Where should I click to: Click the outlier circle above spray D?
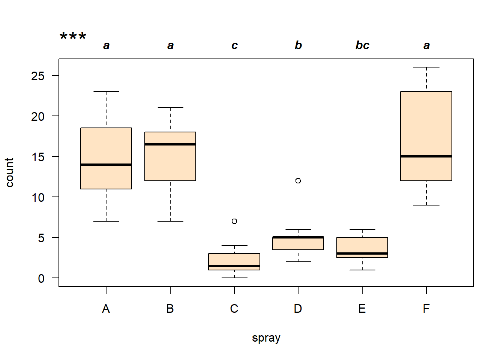[x=298, y=181]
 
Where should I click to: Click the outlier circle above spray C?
[x=234, y=221]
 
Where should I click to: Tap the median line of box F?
[x=426, y=156]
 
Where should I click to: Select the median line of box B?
[x=170, y=144]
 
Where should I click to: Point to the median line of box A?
[x=106, y=165]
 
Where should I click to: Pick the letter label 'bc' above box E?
[x=362, y=45]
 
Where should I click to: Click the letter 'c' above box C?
[x=234, y=46]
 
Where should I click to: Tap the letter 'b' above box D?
[x=298, y=45]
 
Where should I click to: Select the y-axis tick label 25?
[x=38, y=76]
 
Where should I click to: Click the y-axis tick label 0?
[x=41, y=278]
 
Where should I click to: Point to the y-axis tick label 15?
[x=38, y=157]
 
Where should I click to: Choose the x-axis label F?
[x=426, y=309]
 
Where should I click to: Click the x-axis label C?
[x=234, y=309]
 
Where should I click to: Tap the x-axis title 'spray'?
[x=266, y=338]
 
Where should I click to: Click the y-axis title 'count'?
[x=10, y=172]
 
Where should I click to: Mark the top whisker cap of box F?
[x=426, y=67]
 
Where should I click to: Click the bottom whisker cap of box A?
[x=106, y=221]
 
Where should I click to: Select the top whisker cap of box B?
[x=170, y=108]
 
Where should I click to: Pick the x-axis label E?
[x=362, y=309]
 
